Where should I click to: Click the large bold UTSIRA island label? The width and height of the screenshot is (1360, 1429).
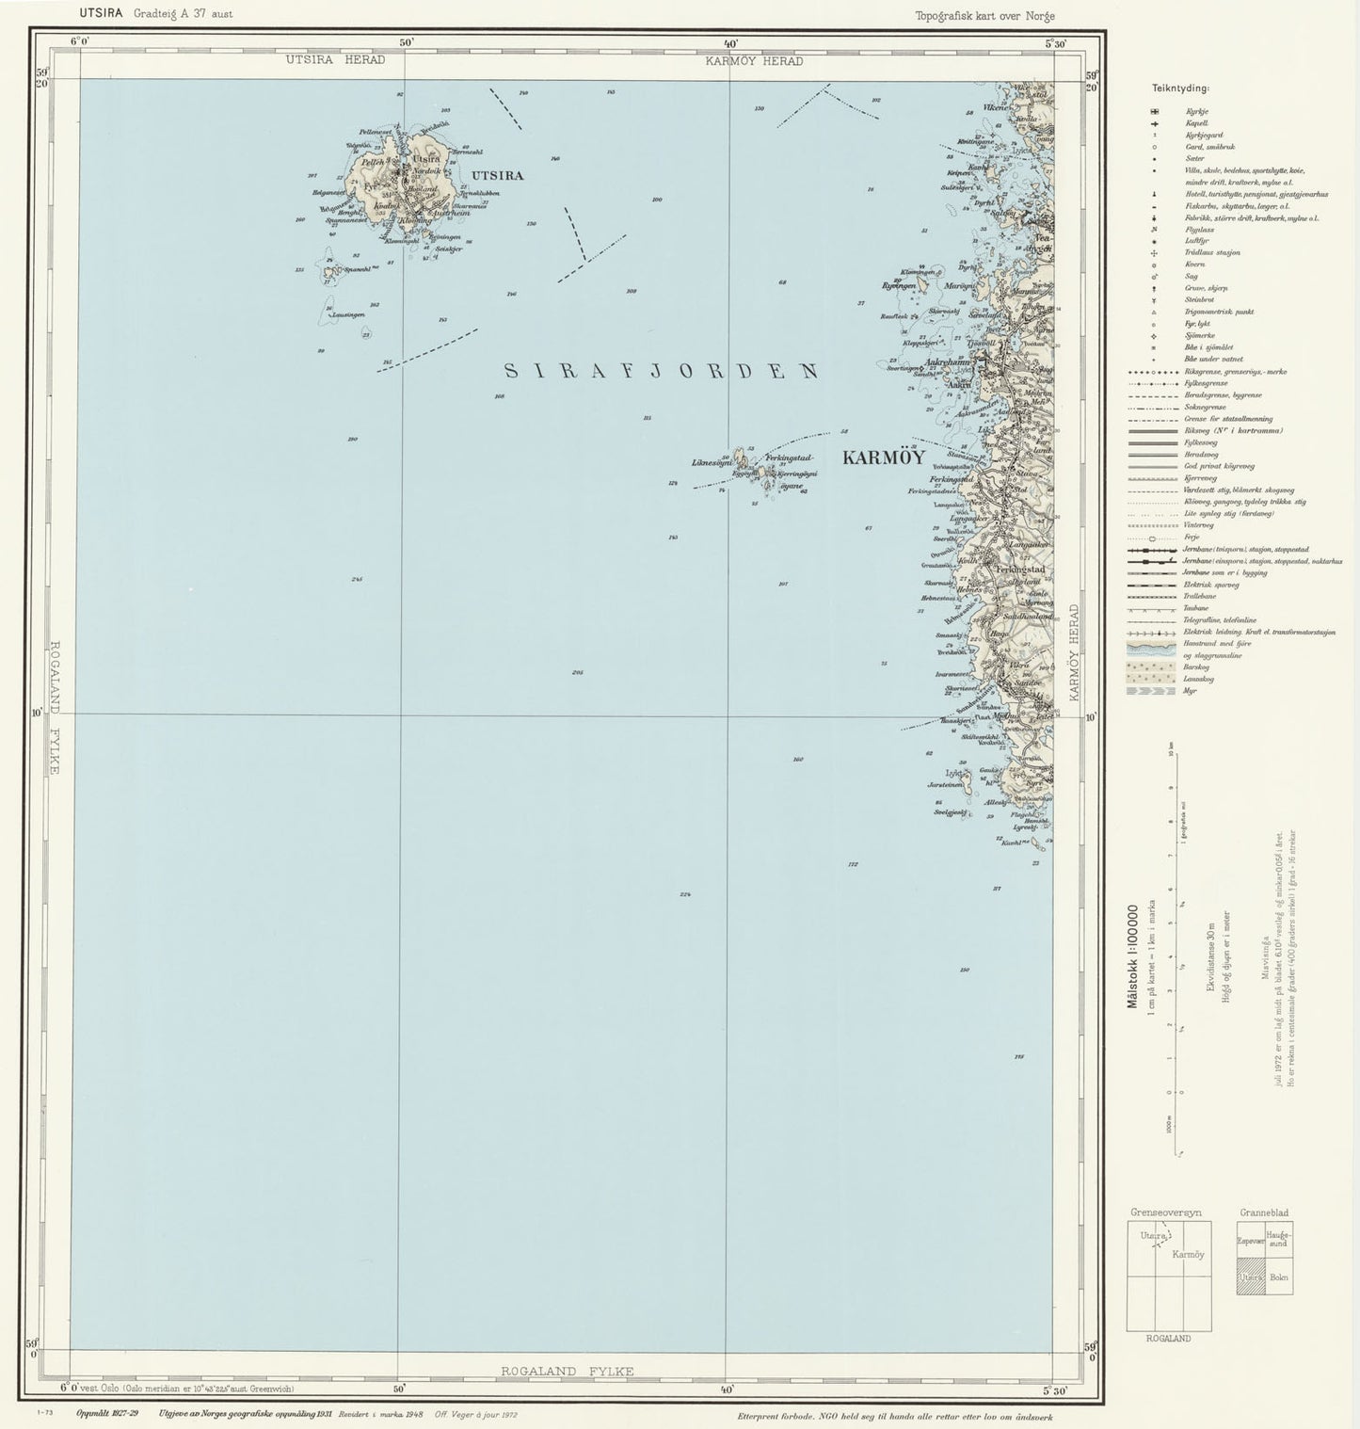pyautogui.click(x=497, y=175)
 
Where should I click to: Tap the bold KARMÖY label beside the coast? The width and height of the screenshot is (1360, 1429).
pyautogui.click(x=883, y=458)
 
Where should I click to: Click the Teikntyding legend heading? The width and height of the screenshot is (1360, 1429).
pyautogui.click(x=1180, y=88)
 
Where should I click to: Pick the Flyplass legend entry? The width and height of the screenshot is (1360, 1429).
pyautogui.click(x=1199, y=230)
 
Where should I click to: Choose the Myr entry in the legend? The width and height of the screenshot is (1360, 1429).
pyautogui.click(x=1192, y=691)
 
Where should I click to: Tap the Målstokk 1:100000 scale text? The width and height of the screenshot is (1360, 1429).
pyautogui.click(x=1132, y=956)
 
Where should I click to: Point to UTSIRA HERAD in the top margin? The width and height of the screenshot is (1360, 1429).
pyautogui.click(x=336, y=60)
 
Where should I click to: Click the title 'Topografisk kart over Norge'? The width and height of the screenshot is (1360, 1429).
pyautogui.click(x=984, y=16)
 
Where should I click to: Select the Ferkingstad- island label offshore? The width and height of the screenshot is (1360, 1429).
pyautogui.click(x=789, y=458)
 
